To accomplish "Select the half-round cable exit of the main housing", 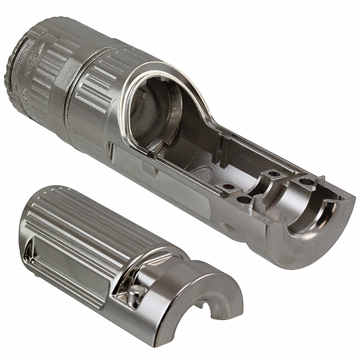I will click(318, 225).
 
